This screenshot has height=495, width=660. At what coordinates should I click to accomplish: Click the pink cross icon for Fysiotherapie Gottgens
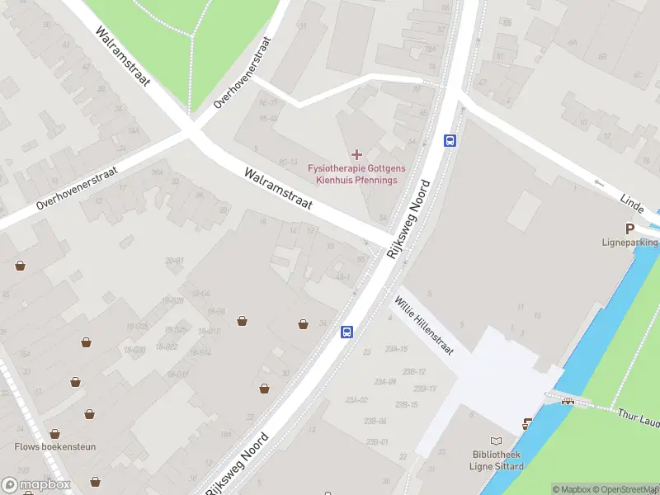pyautogui.click(x=356, y=154)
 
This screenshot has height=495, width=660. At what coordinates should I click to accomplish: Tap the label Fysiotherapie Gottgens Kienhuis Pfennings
pyautogui.click(x=352, y=174)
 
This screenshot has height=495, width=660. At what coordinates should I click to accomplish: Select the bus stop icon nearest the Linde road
pyautogui.click(x=450, y=140)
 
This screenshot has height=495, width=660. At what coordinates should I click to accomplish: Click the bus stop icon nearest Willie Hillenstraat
pyautogui.click(x=347, y=332)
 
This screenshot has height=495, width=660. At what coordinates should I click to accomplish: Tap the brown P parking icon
pyautogui.click(x=629, y=229)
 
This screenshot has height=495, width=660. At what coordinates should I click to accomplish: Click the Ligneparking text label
pyautogui.click(x=629, y=243)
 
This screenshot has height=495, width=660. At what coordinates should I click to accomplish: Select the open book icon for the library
pyautogui.click(x=496, y=441)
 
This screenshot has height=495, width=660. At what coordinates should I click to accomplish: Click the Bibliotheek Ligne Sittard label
pyautogui.click(x=496, y=460)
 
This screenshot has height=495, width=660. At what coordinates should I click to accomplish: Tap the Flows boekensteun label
pyautogui.click(x=55, y=447)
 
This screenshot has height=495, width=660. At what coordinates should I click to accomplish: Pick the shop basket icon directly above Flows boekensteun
pyautogui.click(x=54, y=433)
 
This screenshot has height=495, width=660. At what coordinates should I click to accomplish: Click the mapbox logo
pyautogui.click(x=36, y=485)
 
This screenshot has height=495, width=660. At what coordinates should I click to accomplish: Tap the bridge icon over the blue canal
pyautogui.click(x=568, y=401)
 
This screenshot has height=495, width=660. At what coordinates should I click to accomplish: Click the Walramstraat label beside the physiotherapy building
pyautogui.click(x=278, y=189)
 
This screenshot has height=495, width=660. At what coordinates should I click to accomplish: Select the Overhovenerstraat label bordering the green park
pyautogui.click(x=243, y=73)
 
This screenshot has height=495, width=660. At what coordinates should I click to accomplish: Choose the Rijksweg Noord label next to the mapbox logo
pyautogui.click(x=237, y=463)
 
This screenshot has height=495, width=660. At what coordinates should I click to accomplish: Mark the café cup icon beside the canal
pyautogui.click(x=526, y=424)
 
